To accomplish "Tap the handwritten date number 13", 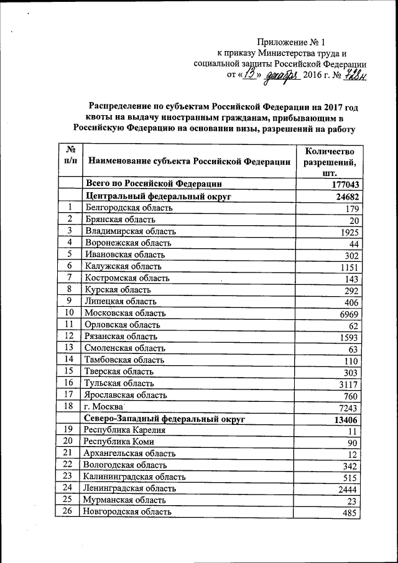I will pos(250,75).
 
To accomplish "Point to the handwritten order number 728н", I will pos(353,75).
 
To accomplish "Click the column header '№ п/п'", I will pos(70,156).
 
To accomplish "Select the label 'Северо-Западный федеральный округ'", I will pos(165,419).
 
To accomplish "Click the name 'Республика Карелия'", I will pos(124,430).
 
